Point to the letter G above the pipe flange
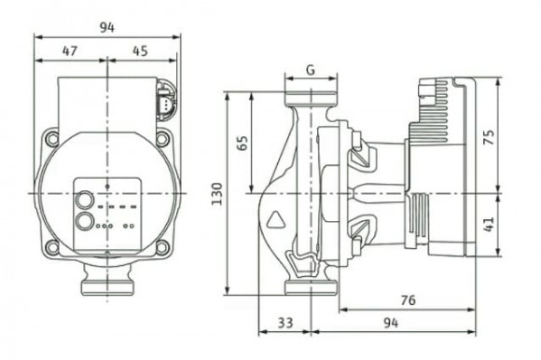(x=309, y=70)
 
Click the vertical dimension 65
(x=244, y=143)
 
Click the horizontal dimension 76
(x=408, y=299)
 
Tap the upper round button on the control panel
(x=82, y=200)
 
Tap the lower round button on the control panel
(x=84, y=222)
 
